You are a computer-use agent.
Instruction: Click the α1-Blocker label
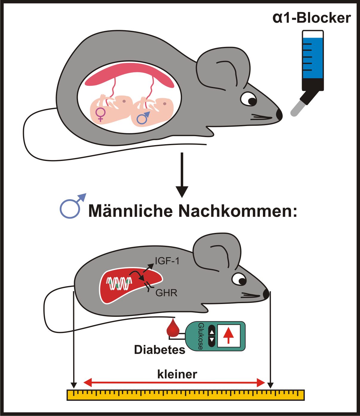(311, 18)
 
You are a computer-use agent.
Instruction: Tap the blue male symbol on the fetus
(143, 118)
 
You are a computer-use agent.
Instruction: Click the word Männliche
(131, 211)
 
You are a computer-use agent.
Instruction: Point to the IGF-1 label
(167, 261)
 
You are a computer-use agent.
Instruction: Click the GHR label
(166, 293)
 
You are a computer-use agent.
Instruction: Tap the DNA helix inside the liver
(120, 283)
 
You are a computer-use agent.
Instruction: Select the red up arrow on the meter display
(229, 335)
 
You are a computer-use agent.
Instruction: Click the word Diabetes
(160, 349)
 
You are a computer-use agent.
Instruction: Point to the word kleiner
(177, 374)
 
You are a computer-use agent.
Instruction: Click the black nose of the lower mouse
(266, 294)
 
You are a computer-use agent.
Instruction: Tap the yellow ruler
(185, 395)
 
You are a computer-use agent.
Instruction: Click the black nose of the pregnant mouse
(279, 115)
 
